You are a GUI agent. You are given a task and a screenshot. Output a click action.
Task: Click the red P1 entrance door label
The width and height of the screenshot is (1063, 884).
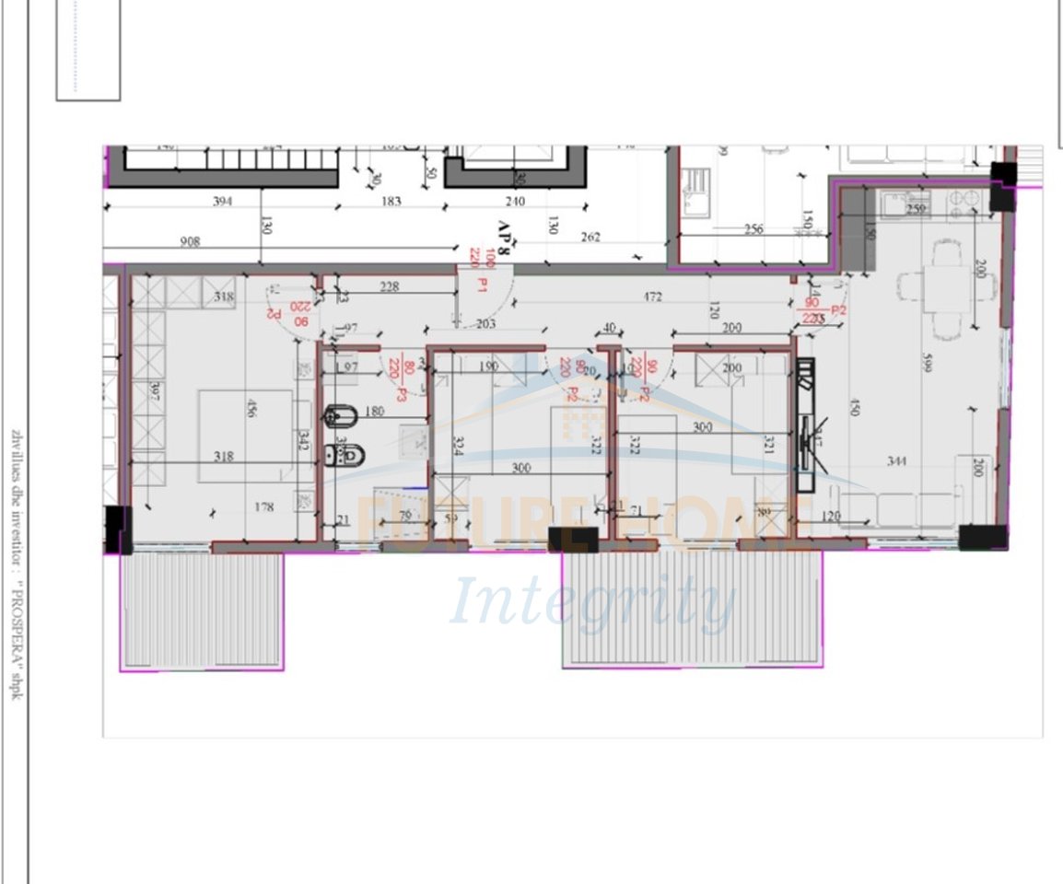pyautogui.click(x=480, y=287)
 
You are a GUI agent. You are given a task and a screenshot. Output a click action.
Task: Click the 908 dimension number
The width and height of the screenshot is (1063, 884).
pyautogui.click(x=190, y=241)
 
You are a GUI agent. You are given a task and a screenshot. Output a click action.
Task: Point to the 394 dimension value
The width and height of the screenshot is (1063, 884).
pyautogui.click(x=222, y=202)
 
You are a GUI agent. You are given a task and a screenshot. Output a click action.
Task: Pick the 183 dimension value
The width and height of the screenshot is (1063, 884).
pyautogui.click(x=391, y=202)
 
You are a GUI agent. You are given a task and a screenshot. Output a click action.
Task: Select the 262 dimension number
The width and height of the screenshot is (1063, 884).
pyautogui.click(x=590, y=237)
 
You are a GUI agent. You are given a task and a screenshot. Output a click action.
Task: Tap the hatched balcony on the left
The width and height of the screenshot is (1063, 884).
pyautogui.click(x=202, y=609)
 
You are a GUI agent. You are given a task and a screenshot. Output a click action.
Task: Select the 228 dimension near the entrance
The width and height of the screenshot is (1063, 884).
pyautogui.click(x=389, y=286)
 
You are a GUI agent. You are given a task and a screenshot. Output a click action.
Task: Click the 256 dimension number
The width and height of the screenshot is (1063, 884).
pyautogui.click(x=753, y=229)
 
